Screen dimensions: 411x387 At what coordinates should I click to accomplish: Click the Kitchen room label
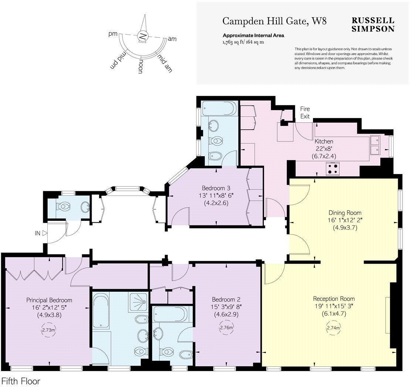324,141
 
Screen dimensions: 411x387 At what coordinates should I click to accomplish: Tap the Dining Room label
345,213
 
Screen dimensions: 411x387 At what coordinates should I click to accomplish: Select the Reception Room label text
334,298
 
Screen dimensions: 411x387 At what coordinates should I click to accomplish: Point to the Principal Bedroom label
49,300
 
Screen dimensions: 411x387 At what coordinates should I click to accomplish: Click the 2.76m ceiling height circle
226,327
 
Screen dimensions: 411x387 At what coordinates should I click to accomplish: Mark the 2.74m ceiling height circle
333,328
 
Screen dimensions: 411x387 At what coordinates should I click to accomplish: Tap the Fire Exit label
305,113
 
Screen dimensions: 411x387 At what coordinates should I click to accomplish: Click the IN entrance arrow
45,233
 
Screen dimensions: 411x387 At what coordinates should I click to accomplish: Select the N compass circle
143,36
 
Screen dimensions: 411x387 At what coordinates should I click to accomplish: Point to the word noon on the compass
140,66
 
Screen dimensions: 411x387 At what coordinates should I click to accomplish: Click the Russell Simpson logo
373,24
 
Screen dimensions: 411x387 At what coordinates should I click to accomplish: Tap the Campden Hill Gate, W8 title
275,21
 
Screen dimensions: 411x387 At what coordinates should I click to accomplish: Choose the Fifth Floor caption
21,381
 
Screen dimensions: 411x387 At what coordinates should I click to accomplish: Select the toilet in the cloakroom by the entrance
64,207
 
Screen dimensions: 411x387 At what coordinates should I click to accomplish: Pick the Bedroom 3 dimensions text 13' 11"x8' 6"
216,195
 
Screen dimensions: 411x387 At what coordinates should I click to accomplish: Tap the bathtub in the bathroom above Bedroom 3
219,109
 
